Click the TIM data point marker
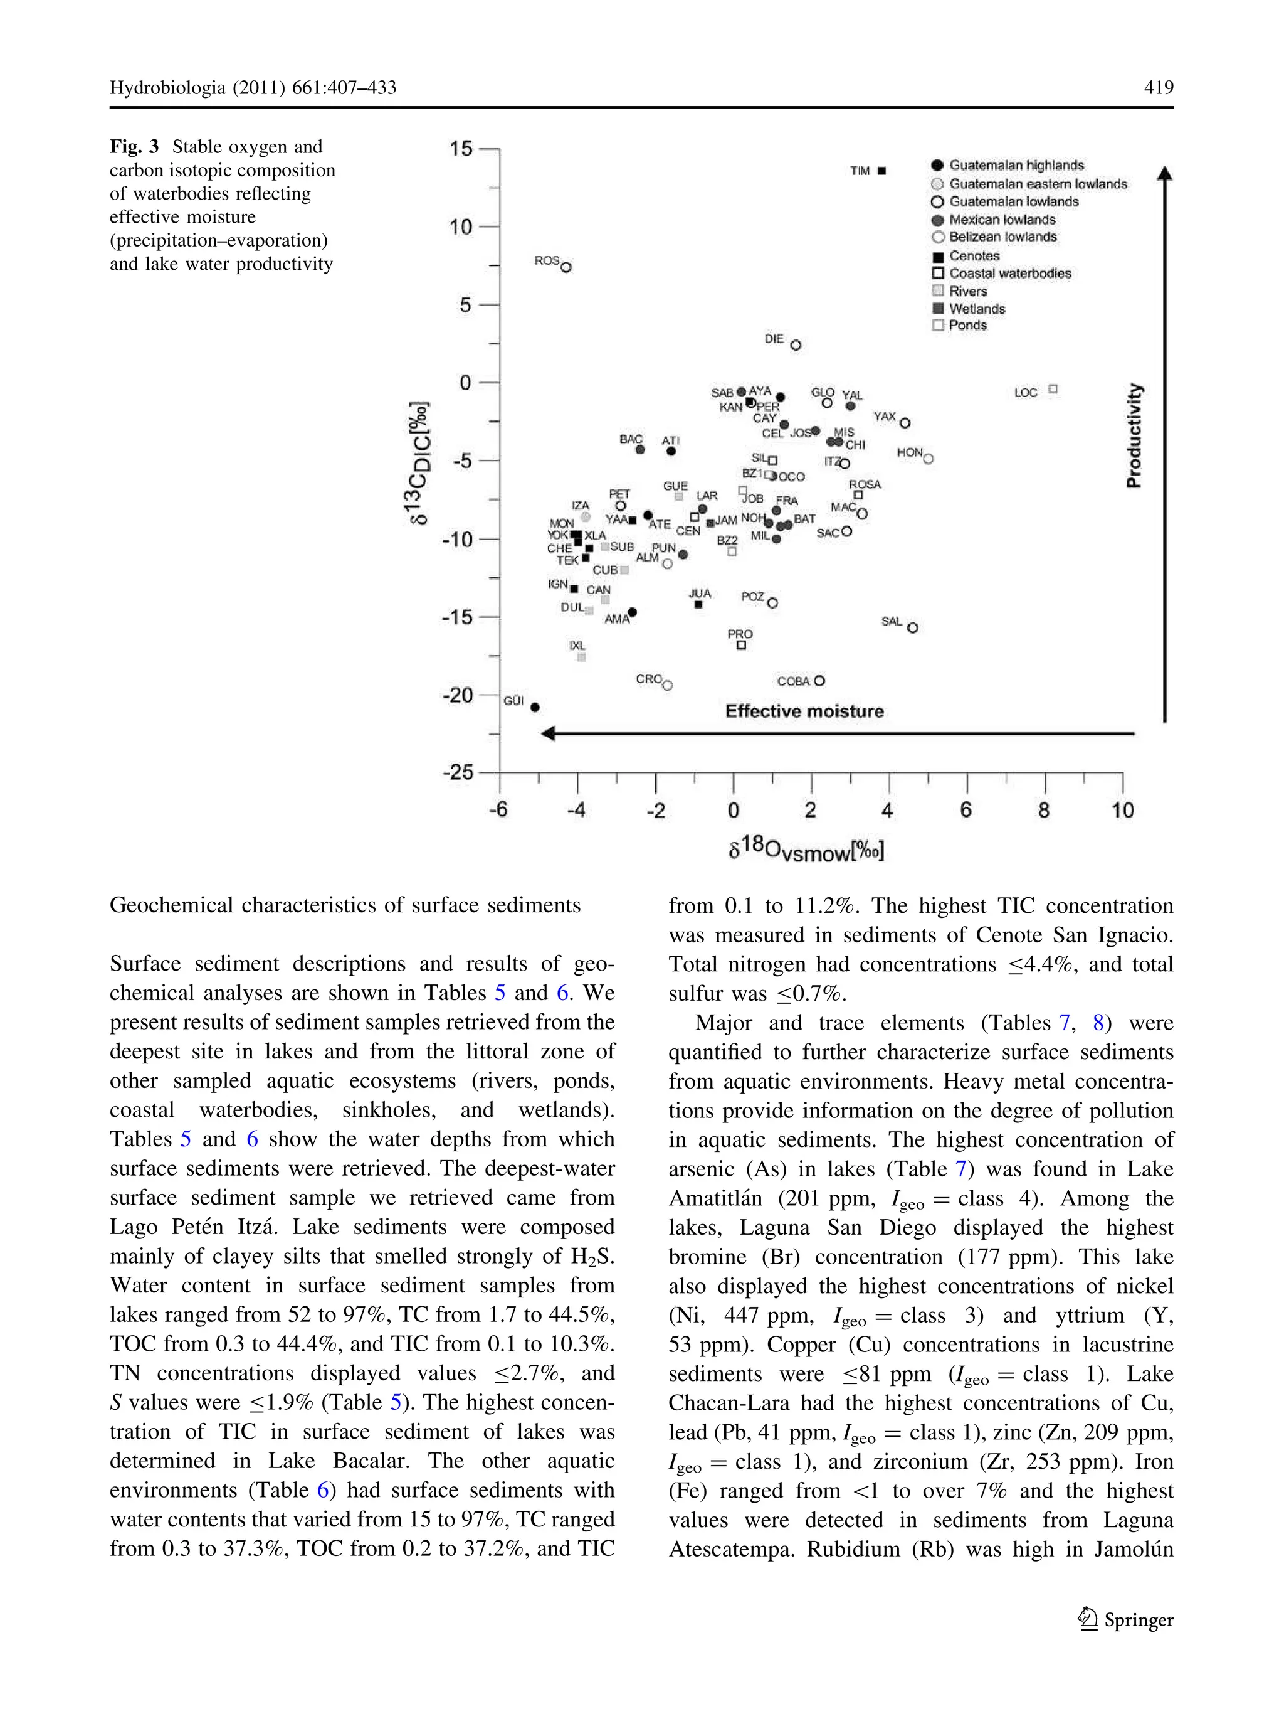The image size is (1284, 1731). tap(881, 170)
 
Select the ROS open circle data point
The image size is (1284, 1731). tap(566, 267)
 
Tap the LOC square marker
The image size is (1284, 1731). tap(1053, 389)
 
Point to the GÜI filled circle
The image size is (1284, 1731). tap(535, 707)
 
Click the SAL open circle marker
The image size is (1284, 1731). tap(912, 627)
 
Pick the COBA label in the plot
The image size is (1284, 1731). tap(793, 681)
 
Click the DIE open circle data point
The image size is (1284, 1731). tap(795, 345)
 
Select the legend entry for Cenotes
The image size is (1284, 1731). tap(973, 256)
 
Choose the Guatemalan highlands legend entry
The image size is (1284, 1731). tap(1015, 165)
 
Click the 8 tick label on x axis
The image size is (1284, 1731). tap(1044, 810)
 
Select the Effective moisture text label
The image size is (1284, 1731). tap(804, 711)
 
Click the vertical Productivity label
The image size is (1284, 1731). tap(1134, 435)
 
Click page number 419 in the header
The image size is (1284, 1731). tap(1158, 87)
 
